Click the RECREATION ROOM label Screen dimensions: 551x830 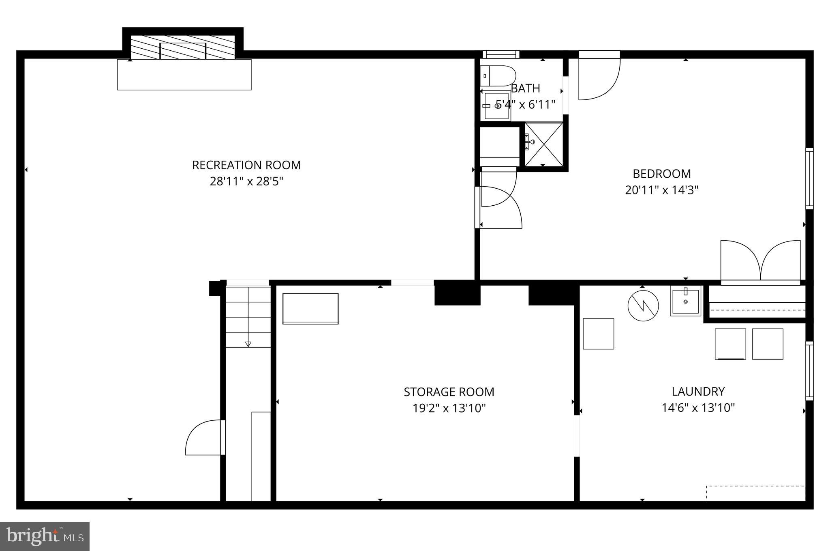click(x=246, y=165)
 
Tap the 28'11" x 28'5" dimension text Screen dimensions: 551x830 click(x=246, y=181)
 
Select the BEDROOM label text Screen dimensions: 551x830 click(x=662, y=174)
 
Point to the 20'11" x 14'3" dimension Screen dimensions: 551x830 click(x=662, y=190)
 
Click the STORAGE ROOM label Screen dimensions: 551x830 click(x=449, y=392)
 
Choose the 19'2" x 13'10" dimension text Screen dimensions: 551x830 click(x=449, y=408)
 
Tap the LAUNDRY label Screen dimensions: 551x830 click(x=698, y=392)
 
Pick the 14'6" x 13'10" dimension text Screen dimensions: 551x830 click(x=698, y=407)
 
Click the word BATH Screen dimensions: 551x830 click(x=526, y=88)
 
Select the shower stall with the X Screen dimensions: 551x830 click(x=544, y=144)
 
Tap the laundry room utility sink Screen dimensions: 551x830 click(x=685, y=301)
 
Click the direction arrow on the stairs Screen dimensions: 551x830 click(x=248, y=344)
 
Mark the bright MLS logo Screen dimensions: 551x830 click(x=45, y=536)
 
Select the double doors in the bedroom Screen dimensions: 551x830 click(x=760, y=260)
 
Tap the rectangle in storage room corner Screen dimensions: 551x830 click(x=310, y=308)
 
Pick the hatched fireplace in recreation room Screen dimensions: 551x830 click(x=183, y=47)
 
